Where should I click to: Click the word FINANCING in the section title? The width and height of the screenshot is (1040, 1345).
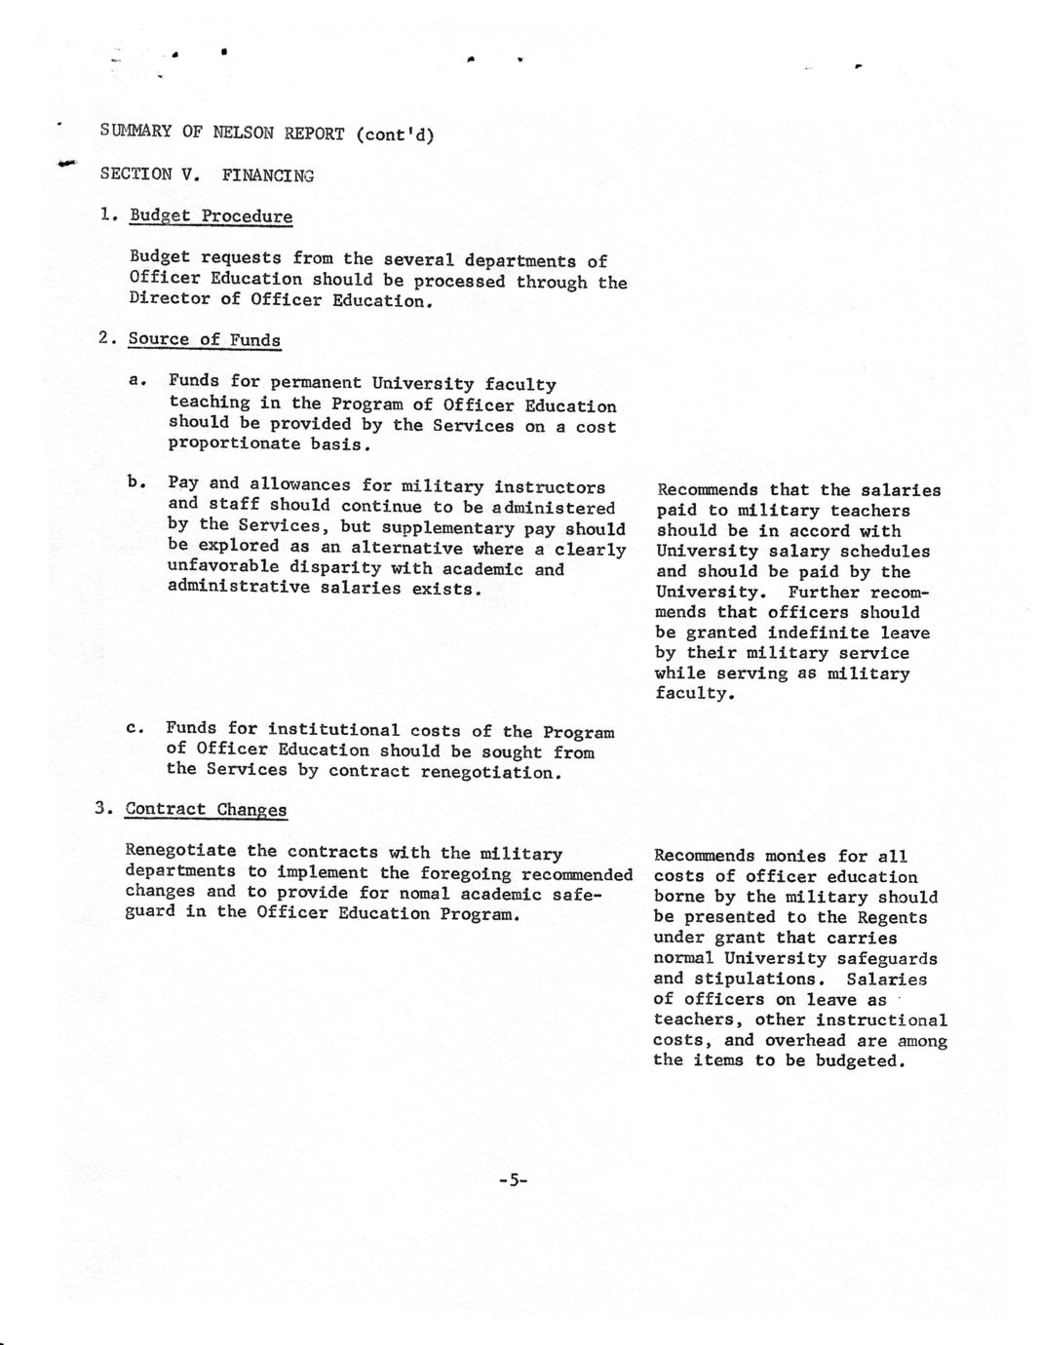(x=268, y=175)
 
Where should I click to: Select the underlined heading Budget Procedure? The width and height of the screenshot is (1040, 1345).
(x=211, y=216)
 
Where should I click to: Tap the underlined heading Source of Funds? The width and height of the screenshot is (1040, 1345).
(x=205, y=340)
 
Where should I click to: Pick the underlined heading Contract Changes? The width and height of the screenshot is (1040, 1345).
(x=206, y=810)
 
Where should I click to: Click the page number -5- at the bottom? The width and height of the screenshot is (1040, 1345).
(x=513, y=1180)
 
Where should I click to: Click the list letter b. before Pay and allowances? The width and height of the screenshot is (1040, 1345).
(x=136, y=481)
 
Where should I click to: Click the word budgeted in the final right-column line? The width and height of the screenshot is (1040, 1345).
(x=861, y=1060)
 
